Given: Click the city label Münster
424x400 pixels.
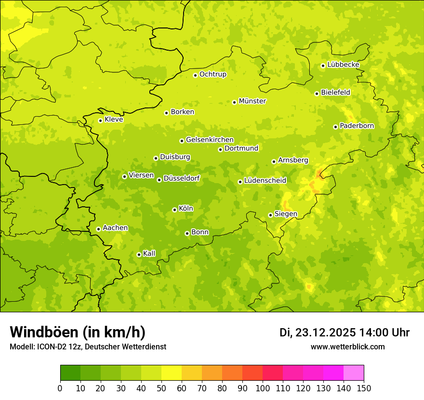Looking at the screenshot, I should pos(252,101).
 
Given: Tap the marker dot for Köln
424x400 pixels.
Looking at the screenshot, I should pos(174,210).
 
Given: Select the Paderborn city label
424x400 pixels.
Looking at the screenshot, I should pos(357,126).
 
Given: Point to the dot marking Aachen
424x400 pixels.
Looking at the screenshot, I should pos(98,229).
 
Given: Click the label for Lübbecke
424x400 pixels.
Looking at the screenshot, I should pos(343,65).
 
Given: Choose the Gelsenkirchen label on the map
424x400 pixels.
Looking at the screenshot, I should pos(210,140).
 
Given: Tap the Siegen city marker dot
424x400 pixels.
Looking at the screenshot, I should pos(270,215).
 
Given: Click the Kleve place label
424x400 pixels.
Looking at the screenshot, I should pos(114,120).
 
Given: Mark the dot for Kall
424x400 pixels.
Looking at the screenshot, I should pos(139,254).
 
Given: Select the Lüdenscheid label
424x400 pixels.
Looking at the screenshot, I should pos(265,181).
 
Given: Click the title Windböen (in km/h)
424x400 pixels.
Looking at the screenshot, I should pos(78,332).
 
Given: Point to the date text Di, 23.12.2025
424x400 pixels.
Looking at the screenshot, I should pos(318,333).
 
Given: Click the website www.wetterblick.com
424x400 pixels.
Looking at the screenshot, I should pos(347,347).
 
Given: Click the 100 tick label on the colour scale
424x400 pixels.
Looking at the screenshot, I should pos(263,388).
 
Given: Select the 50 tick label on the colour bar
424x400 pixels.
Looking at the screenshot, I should pos(161,388).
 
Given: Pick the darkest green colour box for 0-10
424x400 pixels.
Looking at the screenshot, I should pos(70,373).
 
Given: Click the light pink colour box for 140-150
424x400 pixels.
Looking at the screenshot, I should pos(354,373).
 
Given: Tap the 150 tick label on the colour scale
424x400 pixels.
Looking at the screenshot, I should pos(364,388).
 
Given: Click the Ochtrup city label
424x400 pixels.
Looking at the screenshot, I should pos(212,74).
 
